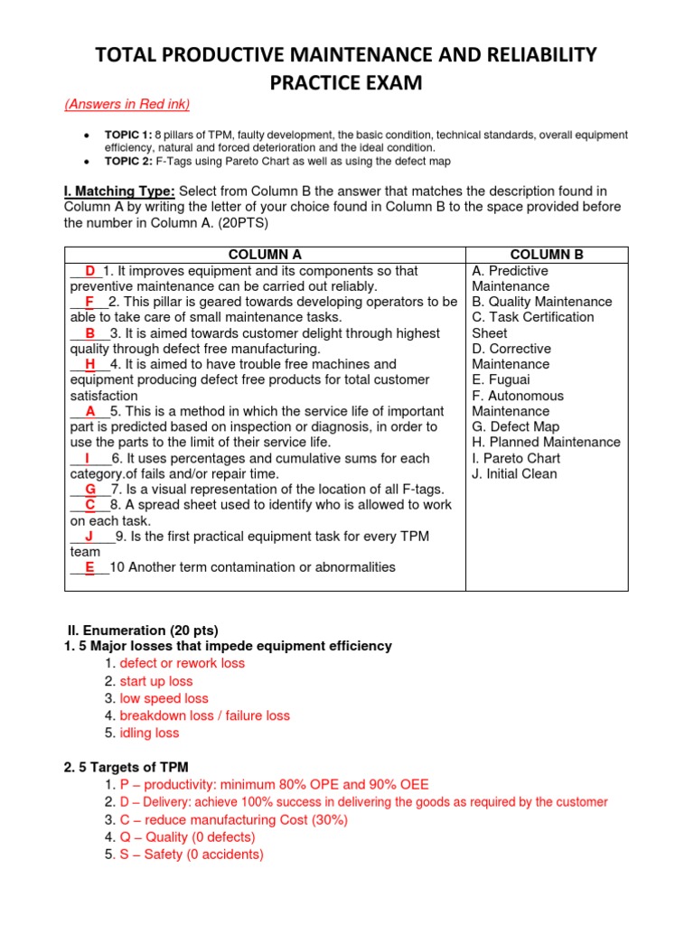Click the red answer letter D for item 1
90,271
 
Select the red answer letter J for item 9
89,537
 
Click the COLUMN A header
265,255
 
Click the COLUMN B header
546,255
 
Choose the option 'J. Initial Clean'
514,473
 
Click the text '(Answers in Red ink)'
127,104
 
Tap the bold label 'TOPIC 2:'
128,161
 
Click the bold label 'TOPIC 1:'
128,135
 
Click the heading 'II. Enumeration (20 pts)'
144,630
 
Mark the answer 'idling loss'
149,733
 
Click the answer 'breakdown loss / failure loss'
204,715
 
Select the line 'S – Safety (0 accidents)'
192,855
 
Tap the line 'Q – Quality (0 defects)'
187,837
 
